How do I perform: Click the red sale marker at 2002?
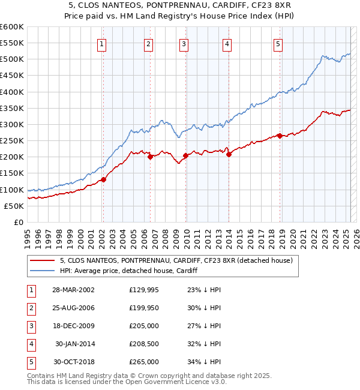[103, 179]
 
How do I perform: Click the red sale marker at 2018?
[280, 136]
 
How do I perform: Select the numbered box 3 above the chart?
[184, 43]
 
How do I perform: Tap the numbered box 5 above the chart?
[278, 43]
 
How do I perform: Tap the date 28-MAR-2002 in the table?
[73, 290]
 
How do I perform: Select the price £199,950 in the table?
[144, 308]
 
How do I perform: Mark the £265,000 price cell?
[144, 362]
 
